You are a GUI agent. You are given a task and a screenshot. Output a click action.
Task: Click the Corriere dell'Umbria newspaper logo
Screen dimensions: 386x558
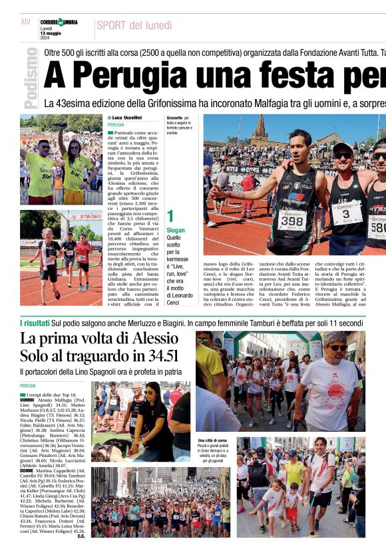coord(59,23)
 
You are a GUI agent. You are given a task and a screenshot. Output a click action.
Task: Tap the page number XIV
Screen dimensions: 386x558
coord(25,22)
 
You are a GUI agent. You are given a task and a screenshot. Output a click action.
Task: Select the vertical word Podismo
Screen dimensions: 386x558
coord(30,78)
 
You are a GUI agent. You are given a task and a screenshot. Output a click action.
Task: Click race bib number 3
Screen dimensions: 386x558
coord(347,213)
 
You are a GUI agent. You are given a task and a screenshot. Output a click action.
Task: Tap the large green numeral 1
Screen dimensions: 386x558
coord(170,216)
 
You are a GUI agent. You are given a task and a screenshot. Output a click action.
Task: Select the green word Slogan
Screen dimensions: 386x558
coord(175,230)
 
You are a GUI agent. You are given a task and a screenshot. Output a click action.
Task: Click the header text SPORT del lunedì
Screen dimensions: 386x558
coord(134,26)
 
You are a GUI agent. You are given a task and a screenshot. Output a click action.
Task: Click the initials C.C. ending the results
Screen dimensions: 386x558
coord(81,536)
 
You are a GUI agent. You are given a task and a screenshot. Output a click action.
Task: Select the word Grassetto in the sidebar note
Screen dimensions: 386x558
coord(174,118)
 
